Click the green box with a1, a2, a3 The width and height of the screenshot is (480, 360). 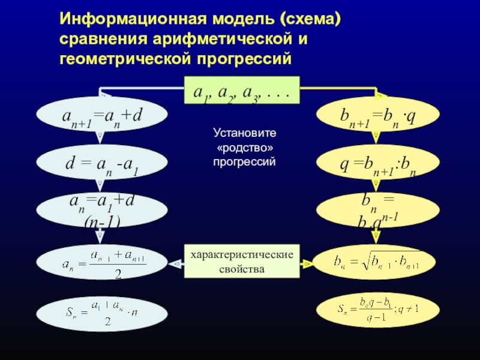coord(241,91)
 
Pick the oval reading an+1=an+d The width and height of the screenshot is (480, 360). coord(102,115)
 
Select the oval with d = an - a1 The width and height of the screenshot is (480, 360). coord(102,161)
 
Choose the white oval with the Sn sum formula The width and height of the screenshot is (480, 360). coord(102,311)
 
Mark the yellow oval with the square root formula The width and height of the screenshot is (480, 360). coord(374,262)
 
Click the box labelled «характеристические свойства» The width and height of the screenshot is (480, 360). coord(242,261)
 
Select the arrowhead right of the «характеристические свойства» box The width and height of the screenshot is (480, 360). coord(306,263)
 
